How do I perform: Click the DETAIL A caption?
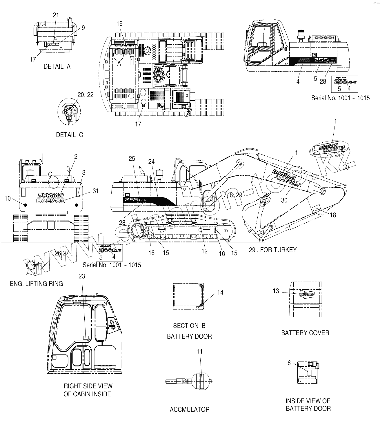coord(57,67)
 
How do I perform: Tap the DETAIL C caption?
coord(69,135)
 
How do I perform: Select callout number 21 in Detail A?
coord(56,15)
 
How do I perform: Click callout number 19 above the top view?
coord(120,24)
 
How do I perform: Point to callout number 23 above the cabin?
coord(82,276)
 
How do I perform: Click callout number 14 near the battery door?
coord(220,292)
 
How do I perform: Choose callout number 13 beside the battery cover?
coord(276,291)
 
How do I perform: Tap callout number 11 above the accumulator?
coord(200,351)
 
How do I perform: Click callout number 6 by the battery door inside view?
coord(289,363)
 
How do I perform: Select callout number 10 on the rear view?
coord(8,198)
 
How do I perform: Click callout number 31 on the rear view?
coord(96,191)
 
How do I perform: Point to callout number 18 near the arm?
coord(333,215)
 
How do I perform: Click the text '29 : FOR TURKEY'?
coord(272,250)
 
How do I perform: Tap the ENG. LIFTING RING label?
coord(36,284)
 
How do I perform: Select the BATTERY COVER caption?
coord(305,333)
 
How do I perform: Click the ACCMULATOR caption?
coord(190,409)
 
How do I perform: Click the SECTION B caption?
coord(189,326)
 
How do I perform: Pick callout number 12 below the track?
coord(205,251)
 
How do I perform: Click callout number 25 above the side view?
coord(132,159)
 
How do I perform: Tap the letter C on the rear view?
coord(50,174)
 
